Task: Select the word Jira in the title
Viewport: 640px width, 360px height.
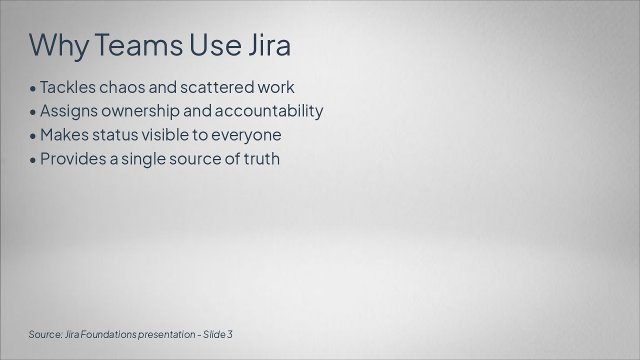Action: click(269, 44)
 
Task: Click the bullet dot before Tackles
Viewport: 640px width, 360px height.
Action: click(33, 89)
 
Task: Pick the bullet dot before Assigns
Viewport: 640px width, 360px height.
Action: click(33, 112)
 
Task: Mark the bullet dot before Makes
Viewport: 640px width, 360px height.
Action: click(33, 136)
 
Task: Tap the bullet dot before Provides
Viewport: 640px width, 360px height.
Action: click(33, 160)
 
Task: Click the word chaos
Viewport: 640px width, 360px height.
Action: click(122, 87)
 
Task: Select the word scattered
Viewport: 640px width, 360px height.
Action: click(217, 87)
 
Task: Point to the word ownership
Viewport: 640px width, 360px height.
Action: click(140, 111)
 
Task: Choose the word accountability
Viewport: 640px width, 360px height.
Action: click(269, 111)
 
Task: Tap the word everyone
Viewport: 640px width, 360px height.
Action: click(246, 136)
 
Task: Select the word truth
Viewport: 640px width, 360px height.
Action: click(261, 158)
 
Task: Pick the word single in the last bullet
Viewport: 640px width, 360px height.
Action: click(143, 159)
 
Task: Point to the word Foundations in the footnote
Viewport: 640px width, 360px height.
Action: click(108, 334)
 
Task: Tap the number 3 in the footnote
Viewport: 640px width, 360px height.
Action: click(230, 334)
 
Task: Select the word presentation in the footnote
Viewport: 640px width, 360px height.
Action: click(167, 335)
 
